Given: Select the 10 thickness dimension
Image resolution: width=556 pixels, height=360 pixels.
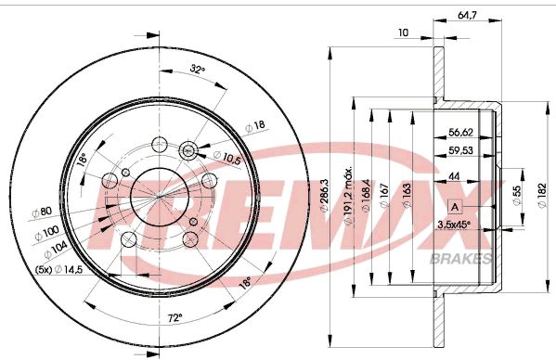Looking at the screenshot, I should click(402, 33).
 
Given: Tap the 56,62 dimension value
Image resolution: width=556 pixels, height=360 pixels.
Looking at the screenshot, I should click(461, 132).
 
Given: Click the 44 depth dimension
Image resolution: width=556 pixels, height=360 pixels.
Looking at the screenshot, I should click(454, 177).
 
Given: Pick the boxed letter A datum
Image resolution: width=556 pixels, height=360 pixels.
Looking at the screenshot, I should click(454, 206).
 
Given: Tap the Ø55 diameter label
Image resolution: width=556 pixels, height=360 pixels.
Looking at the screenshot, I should click(516, 195).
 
